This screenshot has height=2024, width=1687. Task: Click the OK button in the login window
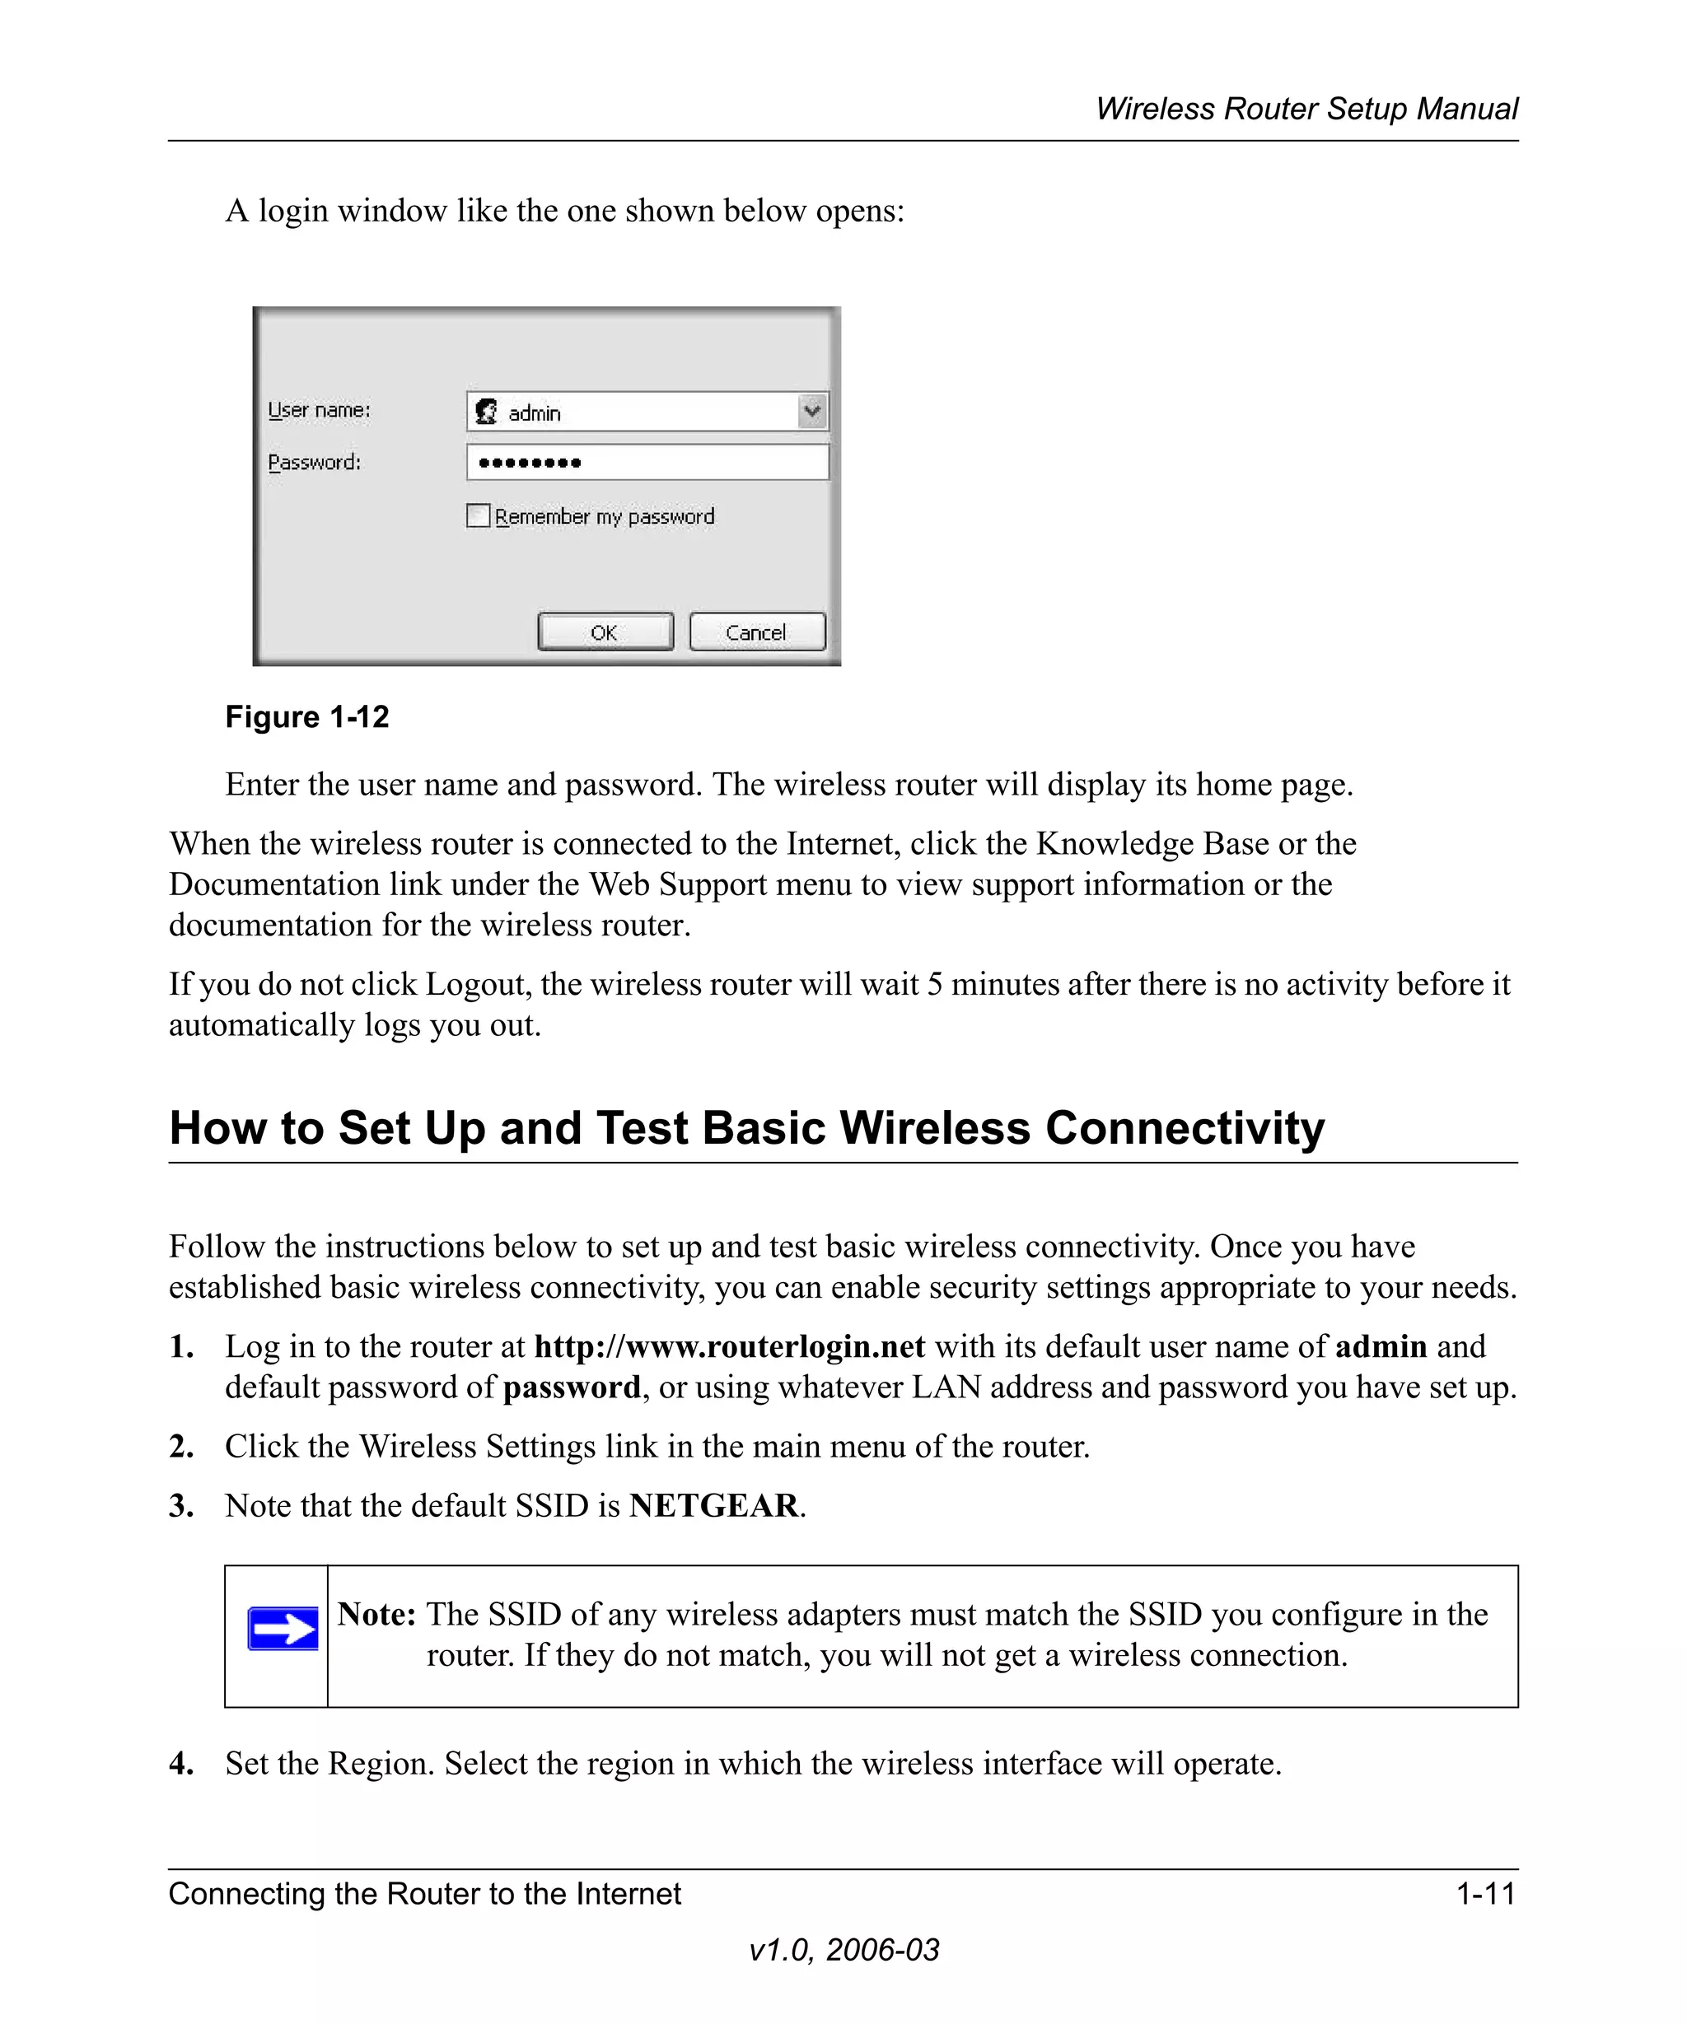point(605,632)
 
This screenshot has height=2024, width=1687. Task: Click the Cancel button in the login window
point(758,632)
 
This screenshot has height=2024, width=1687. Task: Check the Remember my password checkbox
point(478,516)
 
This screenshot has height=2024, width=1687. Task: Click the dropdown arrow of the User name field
point(813,412)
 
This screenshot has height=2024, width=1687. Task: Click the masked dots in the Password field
point(529,464)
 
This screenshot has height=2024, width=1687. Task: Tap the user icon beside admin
point(488,413)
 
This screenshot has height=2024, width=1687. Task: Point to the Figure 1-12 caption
point(306,717)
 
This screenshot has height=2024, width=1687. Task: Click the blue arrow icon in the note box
point(283,1629)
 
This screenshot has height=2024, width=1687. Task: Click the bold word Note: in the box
point(376,1615)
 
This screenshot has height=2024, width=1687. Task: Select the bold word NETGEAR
point(714,1505)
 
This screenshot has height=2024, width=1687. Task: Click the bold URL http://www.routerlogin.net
point(729,1346)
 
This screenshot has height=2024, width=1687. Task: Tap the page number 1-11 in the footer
point(1485,1894)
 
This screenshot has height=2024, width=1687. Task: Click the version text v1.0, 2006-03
point(843,1950)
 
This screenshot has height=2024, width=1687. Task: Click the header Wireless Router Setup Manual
point(1306,109)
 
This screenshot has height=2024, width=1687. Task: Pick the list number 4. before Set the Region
point(181,1764)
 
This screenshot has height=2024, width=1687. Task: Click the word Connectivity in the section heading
point(1185,1127)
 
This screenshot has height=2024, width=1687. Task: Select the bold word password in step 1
point(572,1387)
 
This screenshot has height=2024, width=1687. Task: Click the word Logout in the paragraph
point(477,984)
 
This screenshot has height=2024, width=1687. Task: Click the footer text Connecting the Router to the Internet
point(424,1894)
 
